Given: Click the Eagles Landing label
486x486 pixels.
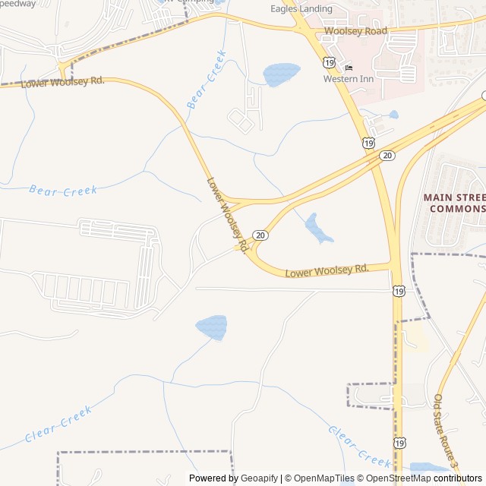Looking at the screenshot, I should [x=301, y=9].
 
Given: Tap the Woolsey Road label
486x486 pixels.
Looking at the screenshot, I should [x=355, y=32].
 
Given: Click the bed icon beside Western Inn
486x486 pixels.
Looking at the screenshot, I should [x=349, y=68].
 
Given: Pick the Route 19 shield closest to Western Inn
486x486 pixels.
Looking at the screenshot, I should [x=327, y=62].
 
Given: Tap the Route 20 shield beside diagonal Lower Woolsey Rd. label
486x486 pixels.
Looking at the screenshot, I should [x=260, y=235].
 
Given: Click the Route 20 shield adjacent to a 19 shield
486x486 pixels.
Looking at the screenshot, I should [x=388, y=156].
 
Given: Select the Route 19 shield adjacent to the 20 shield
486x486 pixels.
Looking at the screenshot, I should [x=369, y=143].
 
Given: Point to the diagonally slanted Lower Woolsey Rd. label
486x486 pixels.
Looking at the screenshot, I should [x=228, y=215].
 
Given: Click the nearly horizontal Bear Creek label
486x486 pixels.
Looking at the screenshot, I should [x=63, y=190].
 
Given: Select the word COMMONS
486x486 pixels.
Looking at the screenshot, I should [x=456, y=209].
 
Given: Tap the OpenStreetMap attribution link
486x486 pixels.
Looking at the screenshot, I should [x=396, y=478].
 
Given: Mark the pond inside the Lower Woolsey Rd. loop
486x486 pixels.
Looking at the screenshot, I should [x=318, y=229].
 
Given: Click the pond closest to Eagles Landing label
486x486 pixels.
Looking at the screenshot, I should [x=281, y=74].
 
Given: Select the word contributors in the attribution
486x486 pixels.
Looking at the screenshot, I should [x=458, y=478].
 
